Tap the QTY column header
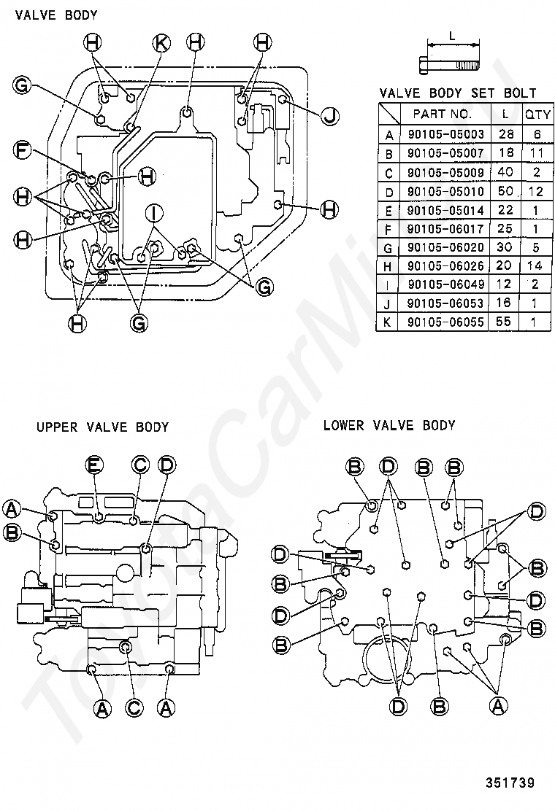click(x=538, y=115)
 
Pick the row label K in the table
click(x=389, y=322)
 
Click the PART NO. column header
click(x=443, y=115)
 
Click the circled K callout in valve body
click(x=161, y=43)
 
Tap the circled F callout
click(x=23, y=152)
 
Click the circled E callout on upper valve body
click(x=94, y=464)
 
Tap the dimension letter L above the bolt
click(x=452, y=35)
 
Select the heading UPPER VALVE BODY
click(x=102, y=427)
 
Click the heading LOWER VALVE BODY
click(x=389, y=425)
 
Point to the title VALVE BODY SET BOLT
click(x=458, y=93)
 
